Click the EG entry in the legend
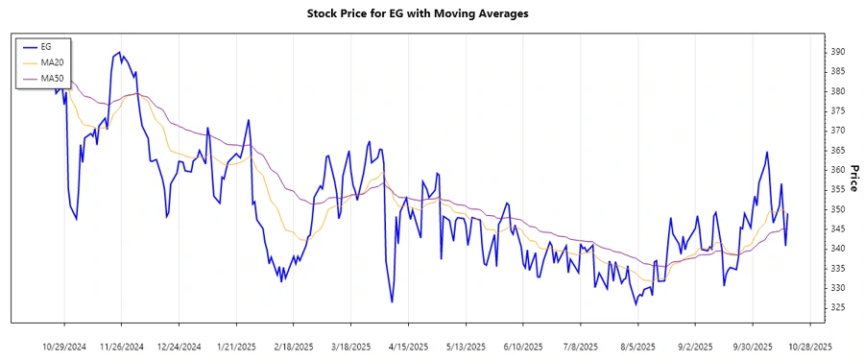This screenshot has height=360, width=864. [46, 46]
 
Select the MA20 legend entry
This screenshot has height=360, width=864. [52, 61]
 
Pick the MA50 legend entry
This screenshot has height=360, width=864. [52, 77]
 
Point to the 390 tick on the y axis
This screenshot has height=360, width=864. [838, 52]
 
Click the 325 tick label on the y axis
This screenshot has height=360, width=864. [838, 307]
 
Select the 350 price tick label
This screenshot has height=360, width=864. [838, 209]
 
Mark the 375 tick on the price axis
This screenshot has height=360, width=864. [838, 110]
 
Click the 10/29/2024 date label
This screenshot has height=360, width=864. [64, 346]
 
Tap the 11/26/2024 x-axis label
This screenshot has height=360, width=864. [122, 346]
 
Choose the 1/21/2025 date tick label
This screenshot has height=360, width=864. [236, 346]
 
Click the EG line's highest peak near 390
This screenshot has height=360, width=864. [118, 53]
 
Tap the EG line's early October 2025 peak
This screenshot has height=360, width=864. [767, 152]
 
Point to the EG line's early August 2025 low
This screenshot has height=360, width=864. [636, 305]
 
